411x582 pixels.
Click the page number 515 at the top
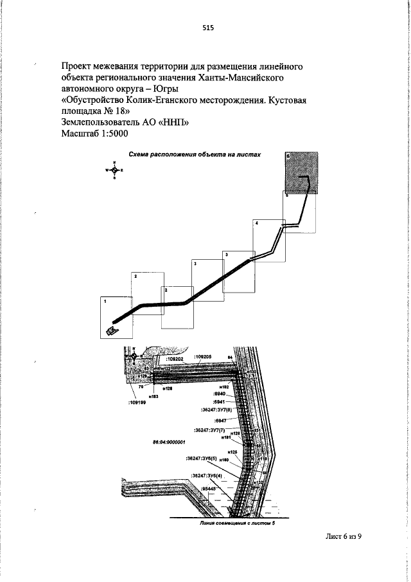coord(207,28)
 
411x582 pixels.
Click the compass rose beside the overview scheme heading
coord(114,170)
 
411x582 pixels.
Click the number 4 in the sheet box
coord(257,223)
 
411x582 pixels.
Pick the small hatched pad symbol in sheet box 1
coord(112,331)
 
